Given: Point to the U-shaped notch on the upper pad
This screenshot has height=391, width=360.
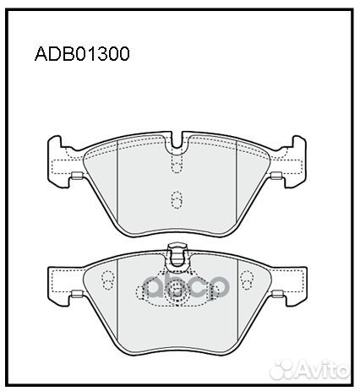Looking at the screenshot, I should [x=177, y=146].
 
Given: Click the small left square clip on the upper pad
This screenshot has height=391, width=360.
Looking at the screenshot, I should [x=76, y=176].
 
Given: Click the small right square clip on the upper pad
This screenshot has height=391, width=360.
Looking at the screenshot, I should [x=276, y=176].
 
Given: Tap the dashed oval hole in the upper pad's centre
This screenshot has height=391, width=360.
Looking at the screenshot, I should [x=177, y=200].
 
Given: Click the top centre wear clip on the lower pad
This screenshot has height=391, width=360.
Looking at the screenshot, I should [x=177, y=251].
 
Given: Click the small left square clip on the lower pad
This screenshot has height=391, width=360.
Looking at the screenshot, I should [x=76, y=295].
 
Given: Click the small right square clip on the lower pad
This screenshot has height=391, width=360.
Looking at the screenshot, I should [x=276, y=295].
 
